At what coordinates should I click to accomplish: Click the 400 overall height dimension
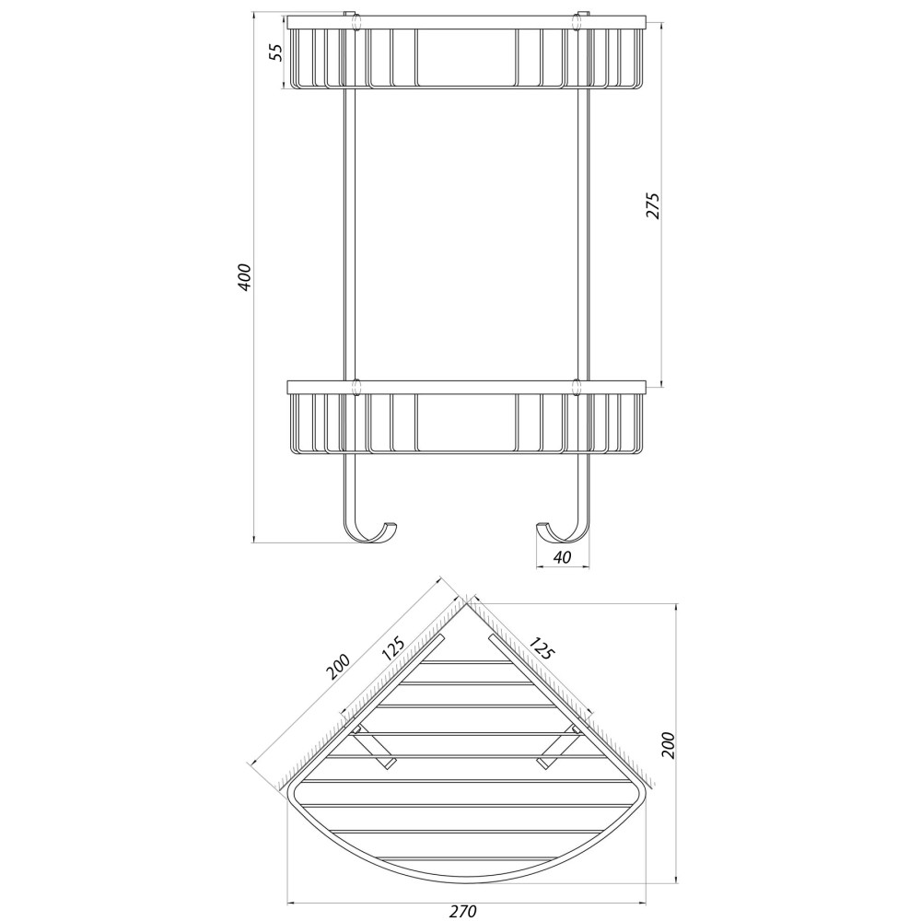tap(245, 276)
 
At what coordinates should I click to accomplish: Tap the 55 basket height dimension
tap(276, 52)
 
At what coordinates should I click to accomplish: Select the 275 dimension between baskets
tap(653, 206)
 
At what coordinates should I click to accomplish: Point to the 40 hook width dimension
tap(562, 557)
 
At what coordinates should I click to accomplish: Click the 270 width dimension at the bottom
tap(463, 911)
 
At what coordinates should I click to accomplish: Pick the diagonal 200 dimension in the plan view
tap(338, 667)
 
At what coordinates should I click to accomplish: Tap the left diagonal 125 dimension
tap(393, 649)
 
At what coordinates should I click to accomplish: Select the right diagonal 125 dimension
tap(542, 647)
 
